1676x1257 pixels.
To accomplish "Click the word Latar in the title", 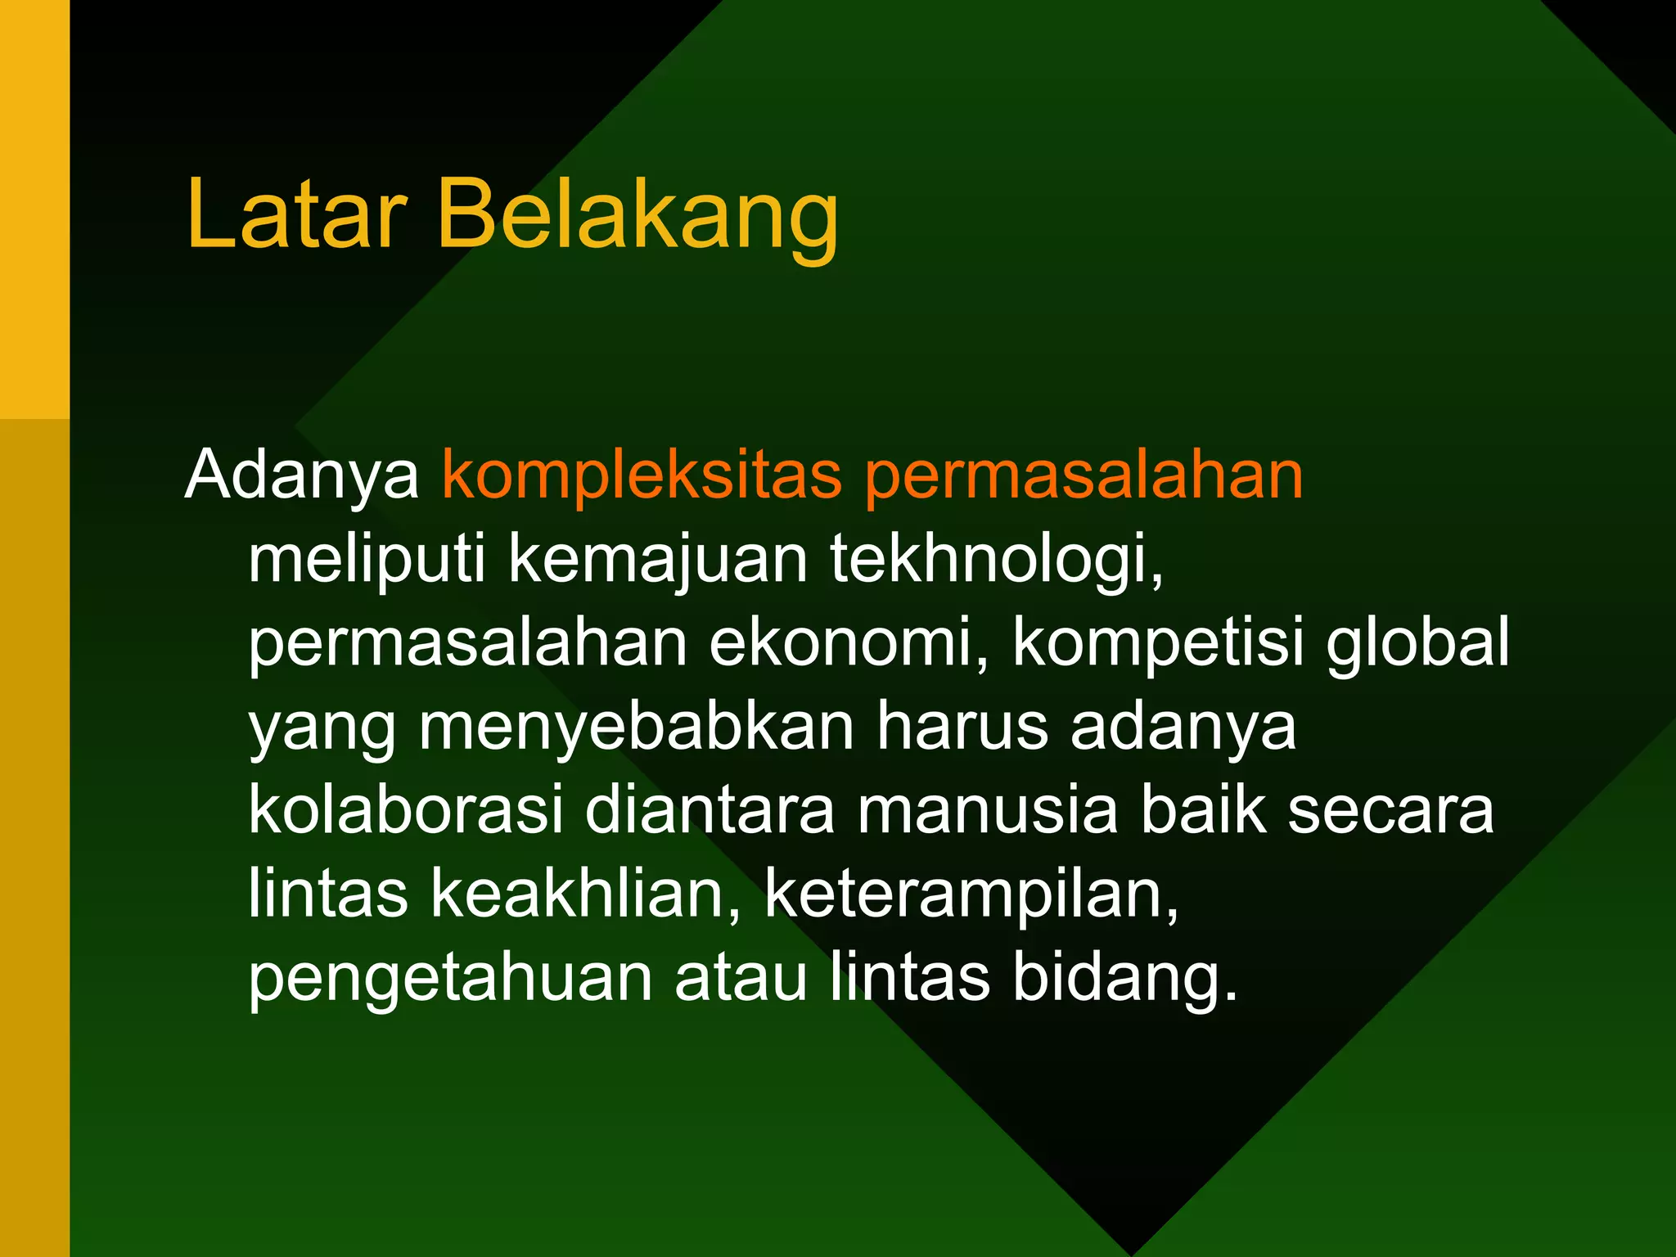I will click(x=296, y=214).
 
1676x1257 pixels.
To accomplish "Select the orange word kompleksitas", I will click(x=642, y=476).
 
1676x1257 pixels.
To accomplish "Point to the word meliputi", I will click(x=367, y=560).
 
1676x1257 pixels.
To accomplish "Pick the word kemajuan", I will click(x=658, y=561).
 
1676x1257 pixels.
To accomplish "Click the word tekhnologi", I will click(x=997, y=561).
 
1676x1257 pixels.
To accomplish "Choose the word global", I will click(x=1417, y=643).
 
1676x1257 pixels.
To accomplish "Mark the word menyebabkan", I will click(x=637, y=728).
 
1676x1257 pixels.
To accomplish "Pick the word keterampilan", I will click(x=972, y=897).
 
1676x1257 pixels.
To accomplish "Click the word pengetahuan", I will click(x=450, y=980).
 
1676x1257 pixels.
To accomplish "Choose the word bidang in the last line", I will click(x=1124, y=980).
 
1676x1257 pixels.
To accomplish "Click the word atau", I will click(x=741, y=979).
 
